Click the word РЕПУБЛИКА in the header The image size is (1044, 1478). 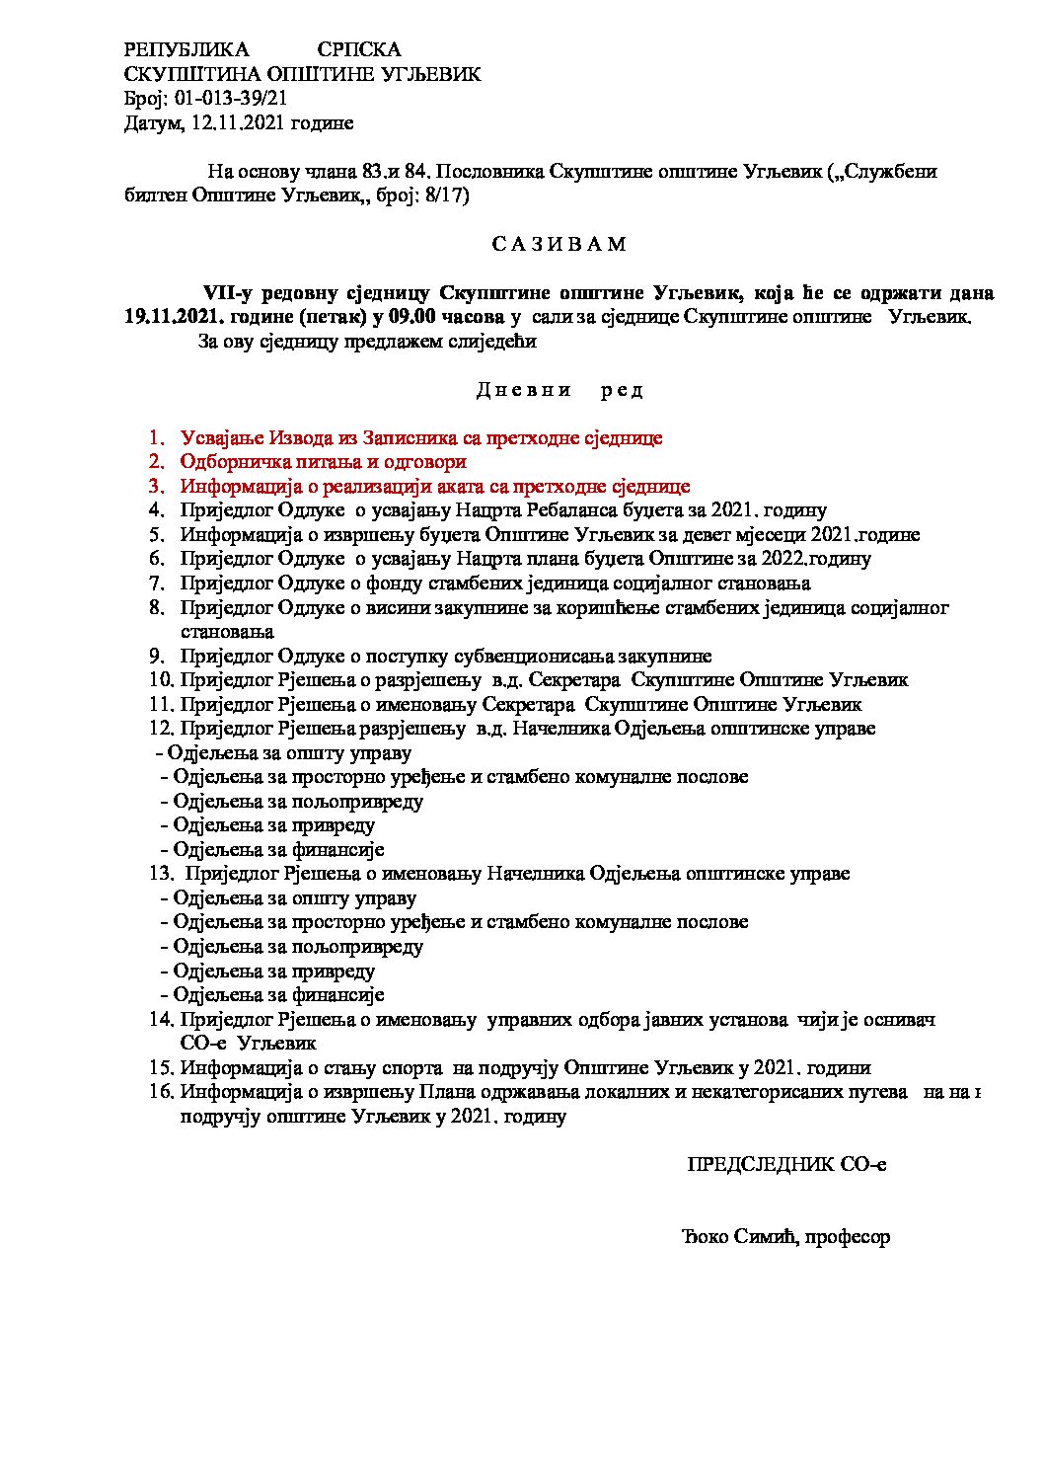coord(186,50)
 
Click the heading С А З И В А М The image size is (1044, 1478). coord(559,245)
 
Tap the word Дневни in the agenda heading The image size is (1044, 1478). coord(524,390)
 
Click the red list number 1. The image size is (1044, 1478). coord(155,438)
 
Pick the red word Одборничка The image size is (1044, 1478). coord(230,462)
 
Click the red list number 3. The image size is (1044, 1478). coord(155,487)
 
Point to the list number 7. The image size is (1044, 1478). coord(155,583)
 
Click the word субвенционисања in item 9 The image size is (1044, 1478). coord(534,657)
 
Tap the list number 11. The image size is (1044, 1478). coord(159,705)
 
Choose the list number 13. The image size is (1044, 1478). coord(159,874)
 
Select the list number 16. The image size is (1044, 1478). coord(159,1092)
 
